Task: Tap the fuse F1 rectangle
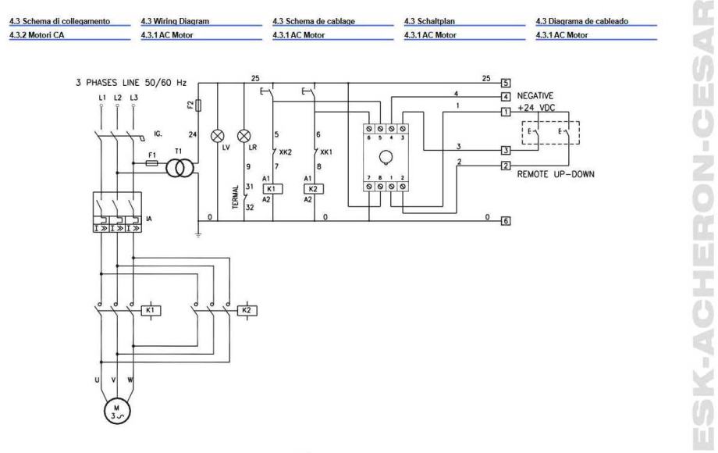click(154, 164)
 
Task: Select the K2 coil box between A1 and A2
click(310, 189)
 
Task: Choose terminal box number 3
click(506, 150)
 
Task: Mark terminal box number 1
click(506, 112)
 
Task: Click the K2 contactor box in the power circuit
click(247, 310)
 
